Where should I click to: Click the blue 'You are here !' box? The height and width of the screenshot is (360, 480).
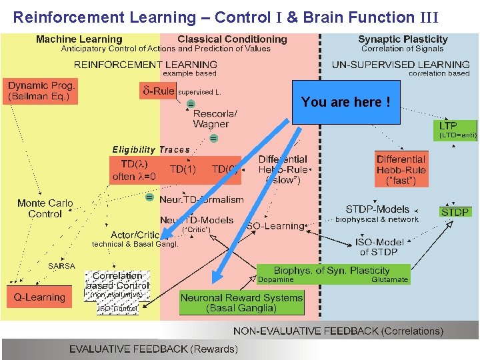tap(345, 103)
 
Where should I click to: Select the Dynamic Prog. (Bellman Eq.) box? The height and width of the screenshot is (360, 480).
tap(41, 91)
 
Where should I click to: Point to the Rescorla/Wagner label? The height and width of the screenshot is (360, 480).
tap(211, 119)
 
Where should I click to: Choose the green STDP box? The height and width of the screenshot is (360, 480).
tap(455, 212)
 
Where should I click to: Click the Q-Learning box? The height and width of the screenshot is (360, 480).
tap(40, 297)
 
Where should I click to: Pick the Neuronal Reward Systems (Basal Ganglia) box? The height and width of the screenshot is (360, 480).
tap(241, 303)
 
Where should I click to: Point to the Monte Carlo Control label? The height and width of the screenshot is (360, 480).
tap(45, 209)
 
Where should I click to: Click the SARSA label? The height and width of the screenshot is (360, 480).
tap(62, 266)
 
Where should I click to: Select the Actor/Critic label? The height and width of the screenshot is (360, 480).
tap(135, 235)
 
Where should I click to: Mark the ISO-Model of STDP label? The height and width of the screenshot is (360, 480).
tap(378, 247)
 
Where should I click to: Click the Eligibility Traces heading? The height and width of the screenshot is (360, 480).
tap(151, 150)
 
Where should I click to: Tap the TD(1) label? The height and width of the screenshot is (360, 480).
tap(183, 169)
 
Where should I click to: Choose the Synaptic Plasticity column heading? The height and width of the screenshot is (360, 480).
tap(403, 39)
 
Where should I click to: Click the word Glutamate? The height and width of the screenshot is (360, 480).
tap(389, 280)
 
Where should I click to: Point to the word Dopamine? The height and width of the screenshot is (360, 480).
tap(275, 280)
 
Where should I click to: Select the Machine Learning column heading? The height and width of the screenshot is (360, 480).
tap(79, 39)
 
